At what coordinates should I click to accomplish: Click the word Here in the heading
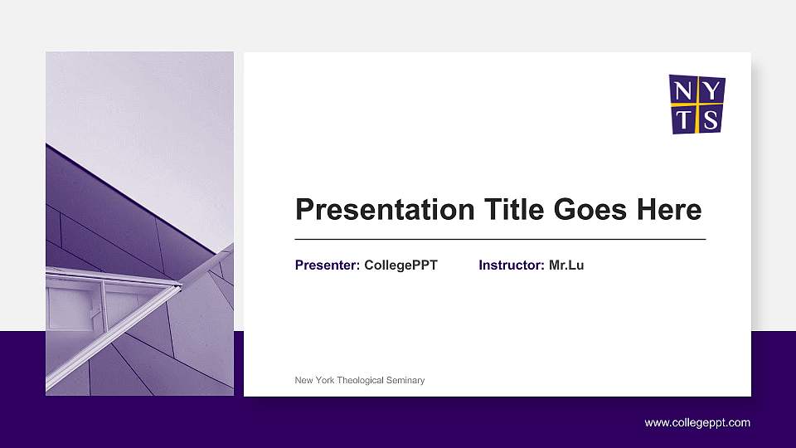669,210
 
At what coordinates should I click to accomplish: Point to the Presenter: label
328,265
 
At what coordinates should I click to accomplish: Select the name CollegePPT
400,265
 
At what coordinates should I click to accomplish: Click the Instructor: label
512,265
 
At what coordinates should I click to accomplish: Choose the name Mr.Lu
566,265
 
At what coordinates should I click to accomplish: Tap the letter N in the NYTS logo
682,90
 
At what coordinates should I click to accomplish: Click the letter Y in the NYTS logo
711,90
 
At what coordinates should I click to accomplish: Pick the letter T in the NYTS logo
683,119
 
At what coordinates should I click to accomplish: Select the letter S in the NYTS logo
711,119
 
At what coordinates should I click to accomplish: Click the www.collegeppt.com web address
697,423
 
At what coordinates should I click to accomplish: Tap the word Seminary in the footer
406,380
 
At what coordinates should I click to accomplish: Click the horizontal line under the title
500,239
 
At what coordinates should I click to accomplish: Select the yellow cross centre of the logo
697,105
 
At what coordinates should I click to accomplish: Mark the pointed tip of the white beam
180,286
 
